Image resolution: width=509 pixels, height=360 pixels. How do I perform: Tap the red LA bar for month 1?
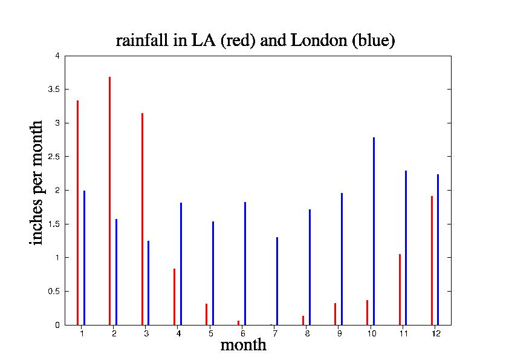coord(77,212)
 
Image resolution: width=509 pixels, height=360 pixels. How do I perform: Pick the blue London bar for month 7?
coord(277,281)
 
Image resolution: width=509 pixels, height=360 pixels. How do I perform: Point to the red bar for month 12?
coord(432,260)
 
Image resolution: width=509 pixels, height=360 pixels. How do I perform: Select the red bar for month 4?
coord(174,296)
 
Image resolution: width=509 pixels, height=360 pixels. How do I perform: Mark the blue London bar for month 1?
coord(84,258)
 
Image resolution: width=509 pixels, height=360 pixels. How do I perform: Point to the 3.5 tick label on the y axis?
coord(54,90)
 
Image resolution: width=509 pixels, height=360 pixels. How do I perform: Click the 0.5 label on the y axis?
coord(54,291)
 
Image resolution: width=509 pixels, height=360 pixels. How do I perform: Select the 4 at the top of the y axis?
coord(58,56)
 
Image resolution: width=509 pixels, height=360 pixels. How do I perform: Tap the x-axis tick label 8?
coord(307,333)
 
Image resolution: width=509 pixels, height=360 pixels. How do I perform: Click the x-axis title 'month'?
coord(243,345)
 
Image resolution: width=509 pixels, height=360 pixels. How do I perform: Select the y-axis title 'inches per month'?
coord(37,182)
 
